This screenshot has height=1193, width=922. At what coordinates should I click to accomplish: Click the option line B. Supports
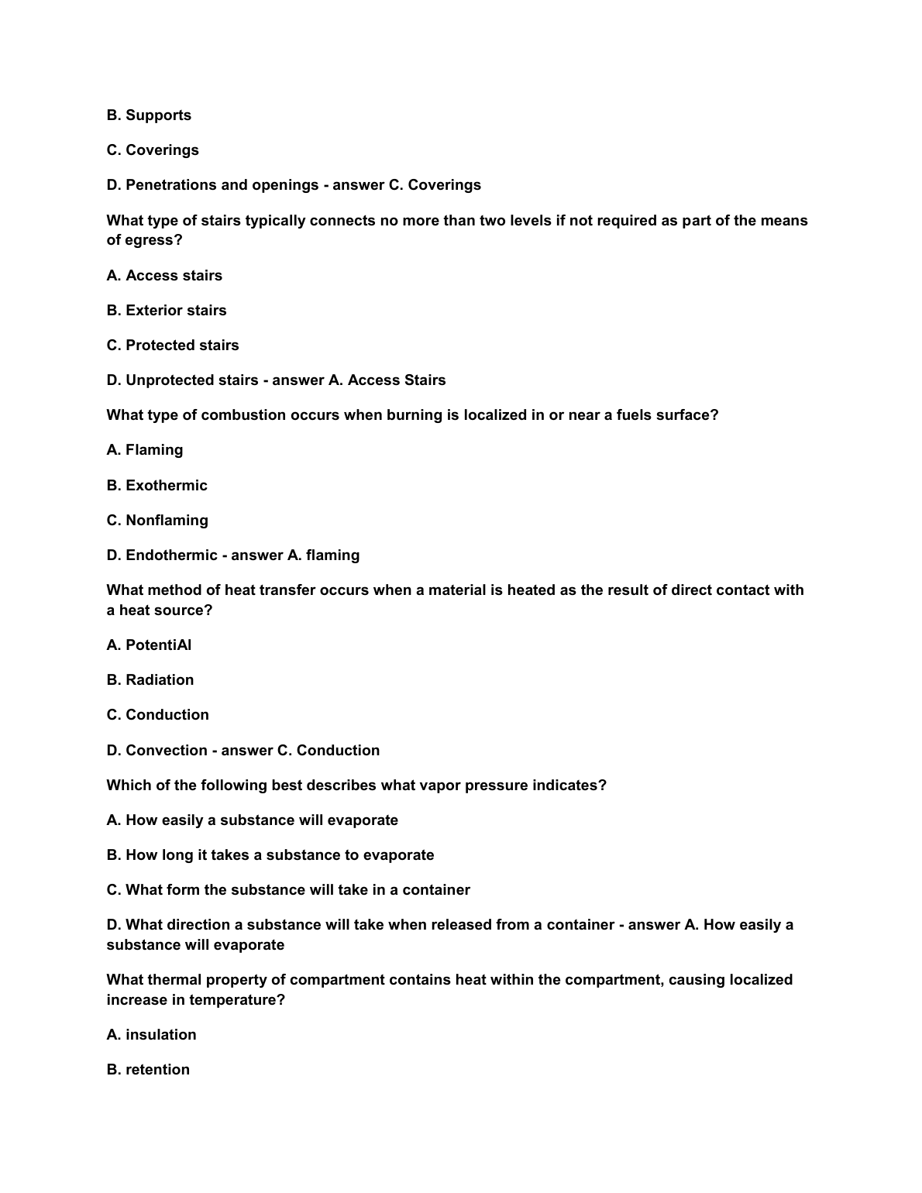[x=149, y=115]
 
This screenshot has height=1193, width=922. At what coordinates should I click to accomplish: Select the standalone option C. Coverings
[x=153, y=150]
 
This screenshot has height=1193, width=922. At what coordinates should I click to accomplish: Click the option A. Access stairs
[x=164, y=276]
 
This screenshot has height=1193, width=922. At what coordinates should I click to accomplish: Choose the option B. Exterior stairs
[x=167, y=311]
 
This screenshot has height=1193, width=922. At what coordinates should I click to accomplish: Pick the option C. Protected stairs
[x=173, y=346]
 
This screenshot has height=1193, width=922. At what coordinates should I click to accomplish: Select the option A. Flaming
[x=145, y=450]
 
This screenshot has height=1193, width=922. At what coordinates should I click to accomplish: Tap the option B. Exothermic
[x=157, y=486]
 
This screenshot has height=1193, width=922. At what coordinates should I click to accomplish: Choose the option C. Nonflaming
[x=157, y=521]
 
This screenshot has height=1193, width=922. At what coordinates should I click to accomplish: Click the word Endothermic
[x=171, y=555]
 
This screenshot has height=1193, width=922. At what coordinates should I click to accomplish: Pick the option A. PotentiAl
[x=149, y=645]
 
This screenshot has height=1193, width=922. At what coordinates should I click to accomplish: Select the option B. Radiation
[x=150, y=680]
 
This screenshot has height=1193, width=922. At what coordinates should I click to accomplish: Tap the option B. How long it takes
[x=270, y=855]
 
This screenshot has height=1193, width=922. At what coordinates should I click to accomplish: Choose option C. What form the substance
[x=288, y=890]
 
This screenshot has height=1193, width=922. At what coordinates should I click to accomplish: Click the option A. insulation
[x=151, y=1035]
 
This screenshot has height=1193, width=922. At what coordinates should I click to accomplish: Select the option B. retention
[x=148, y=1070]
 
